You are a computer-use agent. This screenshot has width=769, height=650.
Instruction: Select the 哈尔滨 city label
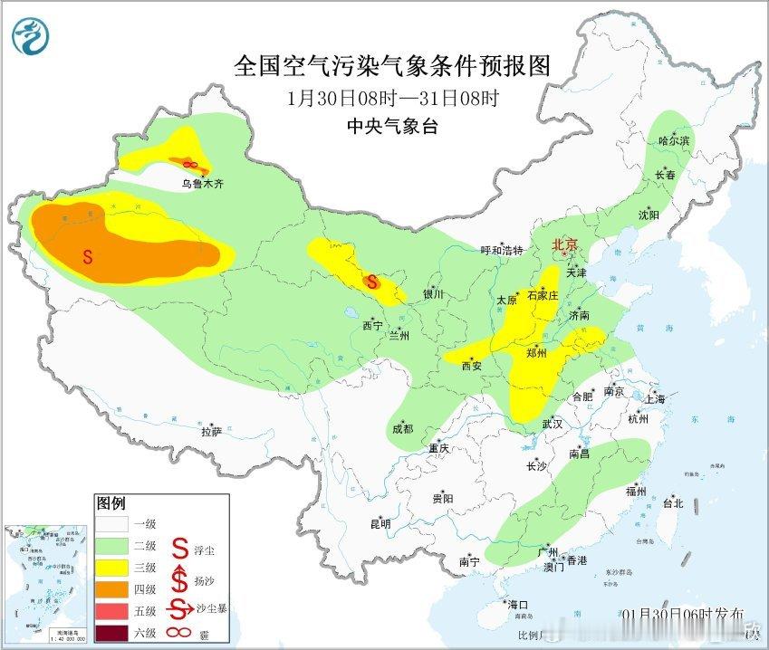[674, 141]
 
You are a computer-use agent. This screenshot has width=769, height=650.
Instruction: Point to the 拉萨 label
[211, 432]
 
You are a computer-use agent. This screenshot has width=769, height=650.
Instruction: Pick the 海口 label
[517, 604]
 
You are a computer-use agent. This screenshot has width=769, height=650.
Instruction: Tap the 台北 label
[672, 503]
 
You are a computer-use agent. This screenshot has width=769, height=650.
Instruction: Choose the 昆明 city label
[380, 523]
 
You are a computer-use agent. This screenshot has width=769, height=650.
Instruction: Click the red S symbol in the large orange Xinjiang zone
[88, 256]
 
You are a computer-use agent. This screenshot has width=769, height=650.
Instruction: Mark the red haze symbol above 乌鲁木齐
[190, 164]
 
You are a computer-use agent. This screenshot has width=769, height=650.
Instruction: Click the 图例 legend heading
[111, 503]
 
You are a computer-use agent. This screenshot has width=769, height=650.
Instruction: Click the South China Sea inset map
[45, 580]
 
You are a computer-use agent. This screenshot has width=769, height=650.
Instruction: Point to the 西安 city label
[472, 366]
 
